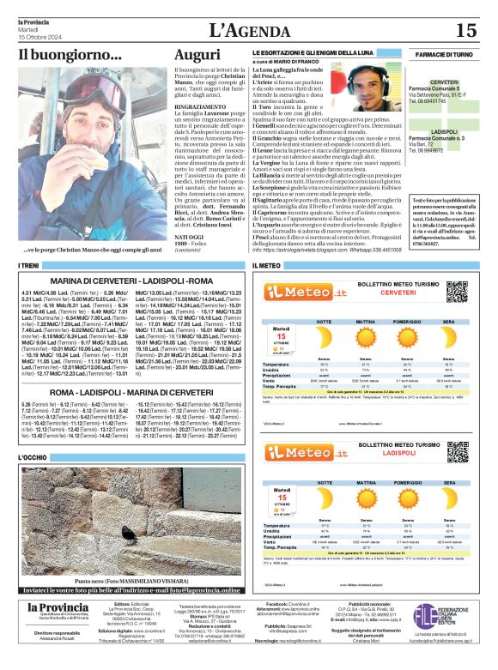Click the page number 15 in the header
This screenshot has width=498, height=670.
(x=466, y=30)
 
